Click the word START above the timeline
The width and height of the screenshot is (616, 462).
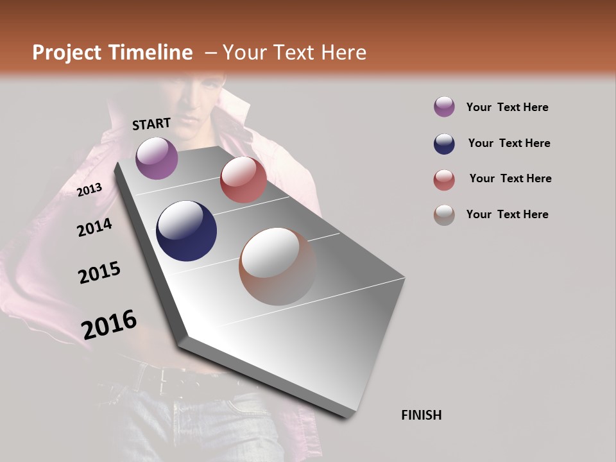tap(151, 124)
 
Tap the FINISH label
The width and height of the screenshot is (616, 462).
tap(422, 415)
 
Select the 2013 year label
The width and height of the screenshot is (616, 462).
tap(90, 190)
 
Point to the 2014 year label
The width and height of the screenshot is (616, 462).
tap(94, 227)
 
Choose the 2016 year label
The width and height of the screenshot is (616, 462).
tap(109, 325)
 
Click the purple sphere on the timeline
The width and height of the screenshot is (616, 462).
tap(157, 158)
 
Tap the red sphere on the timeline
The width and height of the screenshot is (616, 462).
tap(243, 180)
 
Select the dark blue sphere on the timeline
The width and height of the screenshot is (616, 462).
tap(186, 231)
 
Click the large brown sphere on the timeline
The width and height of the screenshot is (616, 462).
tap(278, 266)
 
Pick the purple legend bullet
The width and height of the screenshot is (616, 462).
tap(444, 107)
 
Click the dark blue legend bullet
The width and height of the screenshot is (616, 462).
tap(444, 143)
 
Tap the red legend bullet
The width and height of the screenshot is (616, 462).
tap(444, 180)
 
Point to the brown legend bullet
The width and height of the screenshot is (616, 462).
tap(444, 215)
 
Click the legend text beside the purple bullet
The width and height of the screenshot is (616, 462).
tap(507, 107)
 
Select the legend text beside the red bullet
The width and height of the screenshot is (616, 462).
tap(510, 178)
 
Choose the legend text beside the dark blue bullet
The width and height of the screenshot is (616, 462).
tap(509, 143)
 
